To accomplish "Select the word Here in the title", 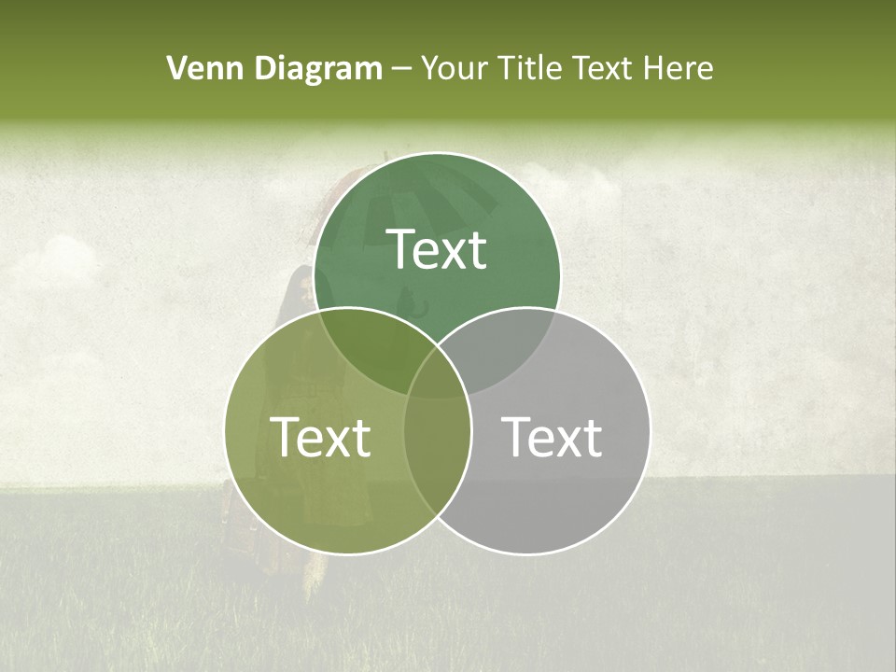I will (x=683, y=68).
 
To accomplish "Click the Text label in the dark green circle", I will (x=437, y=249).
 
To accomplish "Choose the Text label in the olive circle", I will (x=320, y=436).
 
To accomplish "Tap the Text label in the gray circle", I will (x=552, y=436).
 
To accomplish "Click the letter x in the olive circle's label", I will (x=336, y=441).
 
